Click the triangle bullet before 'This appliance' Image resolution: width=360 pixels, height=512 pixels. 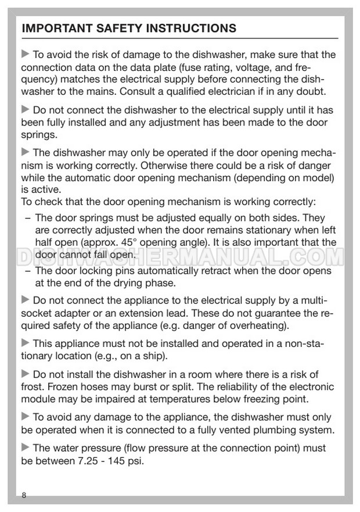(25, 343)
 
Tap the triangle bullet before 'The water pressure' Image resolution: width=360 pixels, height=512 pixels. (25, 448)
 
